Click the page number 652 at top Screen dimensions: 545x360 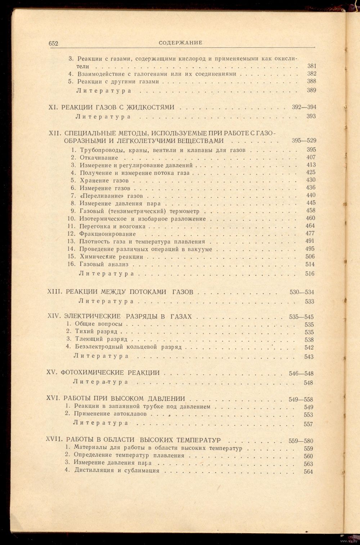click(x=54, y=43)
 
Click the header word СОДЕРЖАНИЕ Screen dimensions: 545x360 click(x=176, y=43)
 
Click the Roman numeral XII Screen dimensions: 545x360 click(x=54, y=133)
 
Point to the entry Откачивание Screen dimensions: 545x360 click(x=99, y=158)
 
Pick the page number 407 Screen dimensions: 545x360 click(x=311, y=157)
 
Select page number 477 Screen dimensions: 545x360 click(x=310, y=233)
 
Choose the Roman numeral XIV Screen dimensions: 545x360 click(x=55, y=317)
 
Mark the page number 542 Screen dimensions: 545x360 click(x=309, y=348)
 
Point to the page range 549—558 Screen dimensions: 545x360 click(x=301, y=399)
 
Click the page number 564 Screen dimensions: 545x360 click(x=308, y=472)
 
